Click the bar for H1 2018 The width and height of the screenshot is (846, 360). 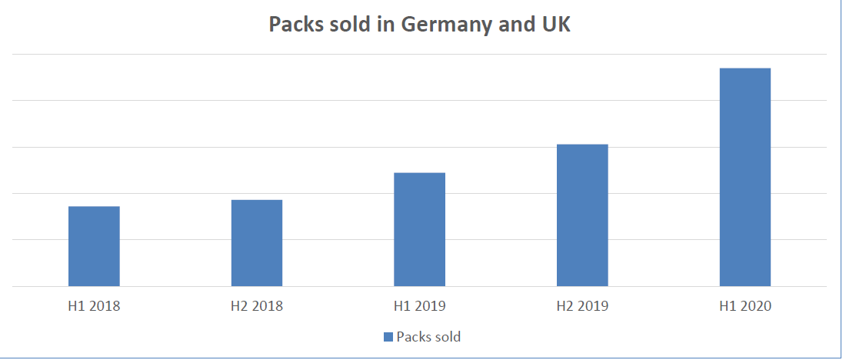(x=94, y=246)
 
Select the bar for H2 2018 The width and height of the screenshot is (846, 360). (x=257, y=243)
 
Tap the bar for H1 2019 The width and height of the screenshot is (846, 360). (x=419, y=229)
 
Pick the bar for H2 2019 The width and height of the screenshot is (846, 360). (x=582, y=215)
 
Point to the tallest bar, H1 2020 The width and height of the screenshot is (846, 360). (x=744, y=177)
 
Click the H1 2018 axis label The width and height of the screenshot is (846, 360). (x=94, y=306)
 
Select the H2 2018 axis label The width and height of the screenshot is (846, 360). (x=257, y=306)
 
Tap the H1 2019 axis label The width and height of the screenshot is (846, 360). (x=419, y=306)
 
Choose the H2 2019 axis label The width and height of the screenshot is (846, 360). (x=582, y=306)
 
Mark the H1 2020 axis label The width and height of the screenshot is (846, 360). (x=744, y=306)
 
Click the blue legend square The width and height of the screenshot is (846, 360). (x=388, y=337)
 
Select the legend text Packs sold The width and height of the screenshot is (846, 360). (x=428, y=337)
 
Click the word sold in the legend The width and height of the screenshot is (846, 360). (x=447, y=337)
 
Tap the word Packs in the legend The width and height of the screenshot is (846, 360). (x=413, y=337)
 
